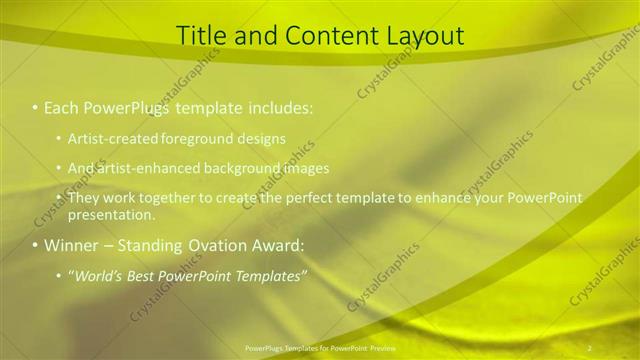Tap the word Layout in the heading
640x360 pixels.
pyautogui.click(x=422, y=36)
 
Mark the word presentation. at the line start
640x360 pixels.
pyautogui.click(x=111, y=214)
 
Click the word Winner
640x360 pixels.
pyautogui.click(x=70, y=245)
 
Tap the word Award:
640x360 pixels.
pyautogui.click(x=271, y=245)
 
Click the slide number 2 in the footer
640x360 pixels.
pyautogui.click(x=589, y=347)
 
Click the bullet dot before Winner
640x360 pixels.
pyautogui.click(x=36, y=245)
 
